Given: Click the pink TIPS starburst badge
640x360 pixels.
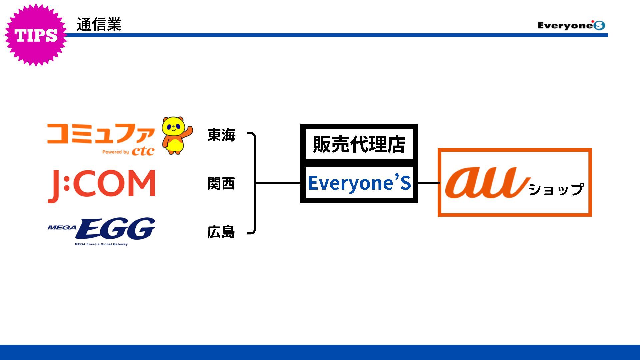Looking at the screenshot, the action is point(36,35).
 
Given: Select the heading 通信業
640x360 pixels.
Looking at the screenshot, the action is point(99,24).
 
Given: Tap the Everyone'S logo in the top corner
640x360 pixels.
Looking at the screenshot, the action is point(571,25).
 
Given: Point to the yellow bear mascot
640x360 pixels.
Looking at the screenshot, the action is point(176,135).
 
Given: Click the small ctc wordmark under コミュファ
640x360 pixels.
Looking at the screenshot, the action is point(143,151).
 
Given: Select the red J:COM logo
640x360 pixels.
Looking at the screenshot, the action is point(102,185).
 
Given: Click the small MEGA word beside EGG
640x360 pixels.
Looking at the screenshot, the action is point(62,228).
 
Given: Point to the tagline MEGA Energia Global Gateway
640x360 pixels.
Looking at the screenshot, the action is point(101,244).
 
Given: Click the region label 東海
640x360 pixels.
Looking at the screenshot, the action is point(221,135).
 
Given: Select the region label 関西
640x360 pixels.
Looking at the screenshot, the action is point(221,183).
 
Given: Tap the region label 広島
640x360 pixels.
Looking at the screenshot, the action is point(221,232).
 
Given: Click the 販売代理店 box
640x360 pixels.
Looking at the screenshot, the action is point(359,144).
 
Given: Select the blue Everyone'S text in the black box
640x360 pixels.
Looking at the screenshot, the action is point(359,183).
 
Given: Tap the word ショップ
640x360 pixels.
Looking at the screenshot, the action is point(556,189).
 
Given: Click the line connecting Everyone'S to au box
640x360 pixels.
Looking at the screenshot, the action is point(428,183).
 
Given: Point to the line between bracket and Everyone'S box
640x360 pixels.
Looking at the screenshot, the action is point(278,183).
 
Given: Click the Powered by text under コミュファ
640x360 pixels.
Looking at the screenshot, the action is point(115,152).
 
